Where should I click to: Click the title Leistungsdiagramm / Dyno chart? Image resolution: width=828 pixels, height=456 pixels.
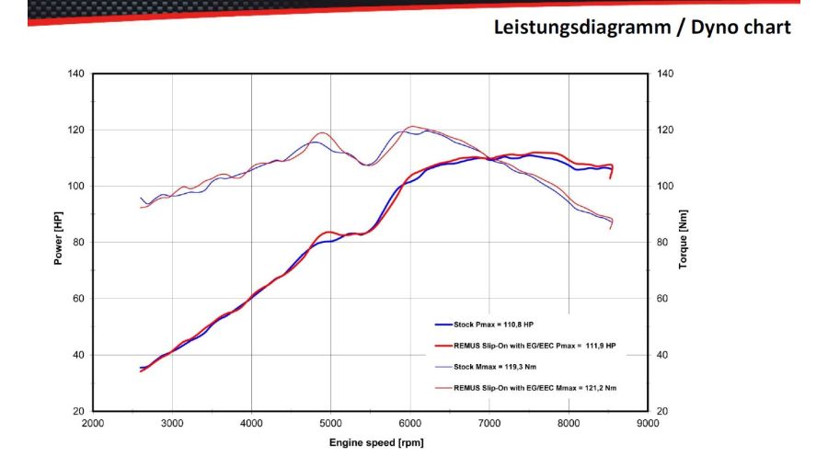click(x=641, y=27)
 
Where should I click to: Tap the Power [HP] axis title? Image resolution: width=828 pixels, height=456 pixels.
click(x=59, y=241)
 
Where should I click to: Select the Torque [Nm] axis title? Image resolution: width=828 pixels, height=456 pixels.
click(x=683, y=241)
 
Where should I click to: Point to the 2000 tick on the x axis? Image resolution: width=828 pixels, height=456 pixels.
click(x=93, y=423)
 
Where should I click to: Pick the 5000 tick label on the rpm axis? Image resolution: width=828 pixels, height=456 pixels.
click(x=331, y=423)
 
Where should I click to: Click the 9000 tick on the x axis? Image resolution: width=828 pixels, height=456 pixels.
click(x=649, y=423)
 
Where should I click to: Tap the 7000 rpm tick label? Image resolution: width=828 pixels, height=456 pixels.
click(x=489, y=423)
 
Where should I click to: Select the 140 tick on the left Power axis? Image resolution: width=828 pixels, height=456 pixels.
click(x=76, y=74)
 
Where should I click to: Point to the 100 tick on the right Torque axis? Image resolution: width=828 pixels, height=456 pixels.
click(x=665, y=187)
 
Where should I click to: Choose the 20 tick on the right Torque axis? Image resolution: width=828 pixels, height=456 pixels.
click(x=662, y=411)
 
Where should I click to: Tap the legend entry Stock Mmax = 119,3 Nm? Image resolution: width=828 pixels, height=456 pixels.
click(x=493, y=366)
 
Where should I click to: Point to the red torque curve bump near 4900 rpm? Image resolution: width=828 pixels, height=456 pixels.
click(x=322, y=133)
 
